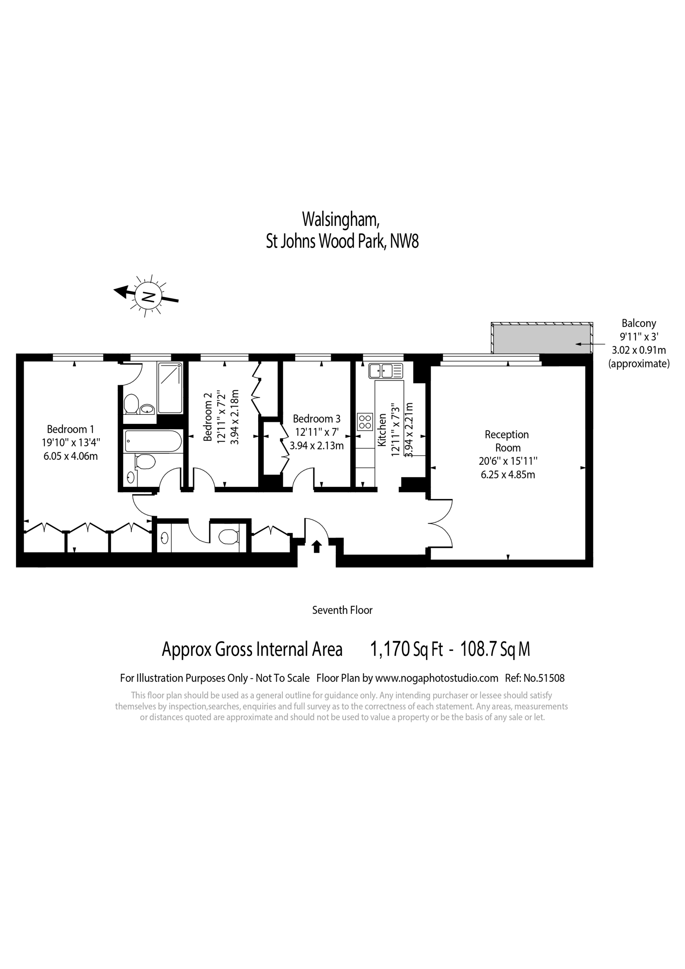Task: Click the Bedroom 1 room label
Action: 70,429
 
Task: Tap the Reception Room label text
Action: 507,441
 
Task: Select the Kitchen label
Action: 382,430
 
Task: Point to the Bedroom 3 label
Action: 316,419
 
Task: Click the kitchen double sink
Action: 386,371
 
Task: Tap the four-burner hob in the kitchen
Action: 365,422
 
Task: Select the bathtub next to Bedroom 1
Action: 154,441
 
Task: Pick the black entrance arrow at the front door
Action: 316,547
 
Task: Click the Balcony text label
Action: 638,323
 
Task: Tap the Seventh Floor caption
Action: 342,610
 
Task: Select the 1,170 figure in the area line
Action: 390,649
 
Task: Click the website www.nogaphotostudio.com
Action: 436,678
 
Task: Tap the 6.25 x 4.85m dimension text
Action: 508,474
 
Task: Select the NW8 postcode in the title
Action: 404,242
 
